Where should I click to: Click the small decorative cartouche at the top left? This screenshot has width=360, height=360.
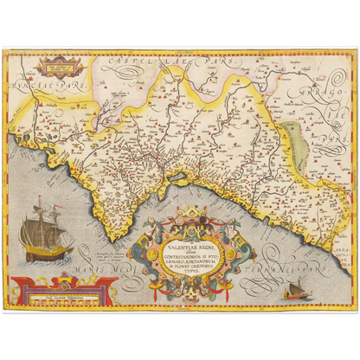coord(59,63)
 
